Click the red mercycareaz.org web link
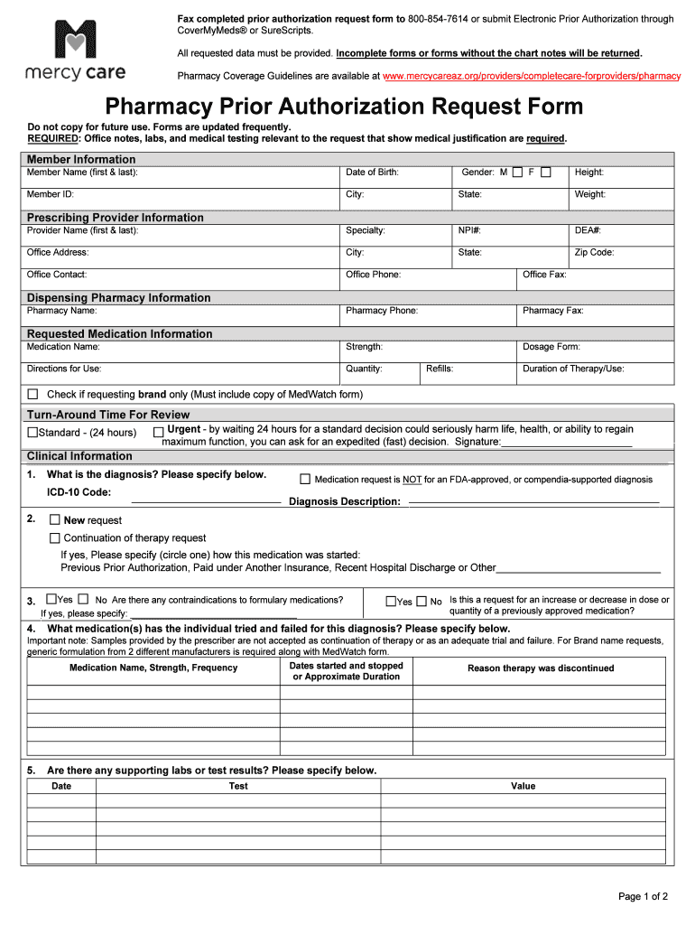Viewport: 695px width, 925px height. (532, 76)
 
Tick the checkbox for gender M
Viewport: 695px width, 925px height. (516, 173)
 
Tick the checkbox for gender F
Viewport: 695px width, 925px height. (546, 173)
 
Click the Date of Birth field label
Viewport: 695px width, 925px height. (372, 173)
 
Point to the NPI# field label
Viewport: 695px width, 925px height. (469, 230)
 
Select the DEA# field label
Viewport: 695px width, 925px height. (588, 230)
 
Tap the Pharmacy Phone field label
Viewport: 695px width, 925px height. (382, 311)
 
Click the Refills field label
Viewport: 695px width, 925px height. (440, 369)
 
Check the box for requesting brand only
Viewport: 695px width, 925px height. (33, 394)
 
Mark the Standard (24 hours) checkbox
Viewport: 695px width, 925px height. (32, 433)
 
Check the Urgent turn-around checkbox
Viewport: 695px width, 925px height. (159, 432)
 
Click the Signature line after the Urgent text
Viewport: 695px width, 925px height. (566, 444)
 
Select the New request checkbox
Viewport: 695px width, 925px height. (55, 520)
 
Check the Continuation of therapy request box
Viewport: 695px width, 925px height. (55, 538)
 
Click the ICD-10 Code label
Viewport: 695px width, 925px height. (79, 492)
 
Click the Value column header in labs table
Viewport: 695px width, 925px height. (523, 786)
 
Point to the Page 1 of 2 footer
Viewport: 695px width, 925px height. (643, 896)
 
